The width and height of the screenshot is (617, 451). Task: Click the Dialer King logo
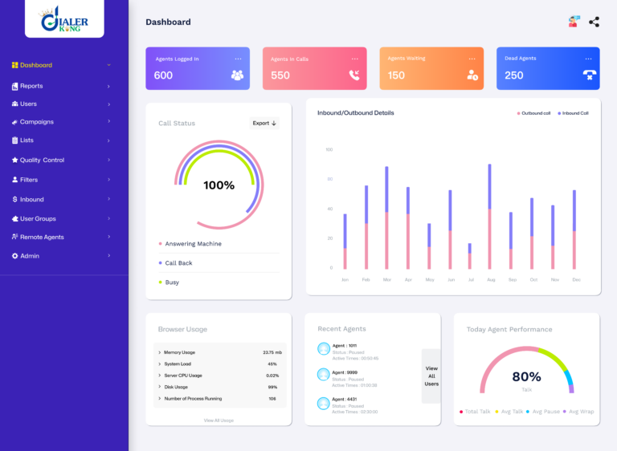click(x=65, y=20)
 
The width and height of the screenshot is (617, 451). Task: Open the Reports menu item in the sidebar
click(x=31, y=86)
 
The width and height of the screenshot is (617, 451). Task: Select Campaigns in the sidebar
click(x=36, y=122)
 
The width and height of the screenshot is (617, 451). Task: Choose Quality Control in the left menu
click(x=42, y=160)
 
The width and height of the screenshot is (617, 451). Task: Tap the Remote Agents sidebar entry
click(x=42, y=237)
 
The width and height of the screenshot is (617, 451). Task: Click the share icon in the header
click(x=594, y=22)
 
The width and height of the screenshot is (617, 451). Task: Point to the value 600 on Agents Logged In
click(x=163, y=75)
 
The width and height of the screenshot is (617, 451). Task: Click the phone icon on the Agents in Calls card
click(x=354, y=75)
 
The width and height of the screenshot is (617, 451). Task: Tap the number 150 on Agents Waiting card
click(x=396, y=75)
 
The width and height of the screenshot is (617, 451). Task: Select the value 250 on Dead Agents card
click(x=513, y=75)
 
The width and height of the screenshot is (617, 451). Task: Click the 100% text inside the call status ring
click(x=219, y=185)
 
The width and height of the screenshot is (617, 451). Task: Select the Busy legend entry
click(x=172, y=282)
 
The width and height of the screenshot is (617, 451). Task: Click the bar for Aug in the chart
click(x=489, y=217)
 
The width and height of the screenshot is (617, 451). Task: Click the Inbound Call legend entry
click(x=574, y=113)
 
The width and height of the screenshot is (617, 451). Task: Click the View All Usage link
click(x=219, y=420)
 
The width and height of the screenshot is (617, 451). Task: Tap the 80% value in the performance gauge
click(x=526, y=376)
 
